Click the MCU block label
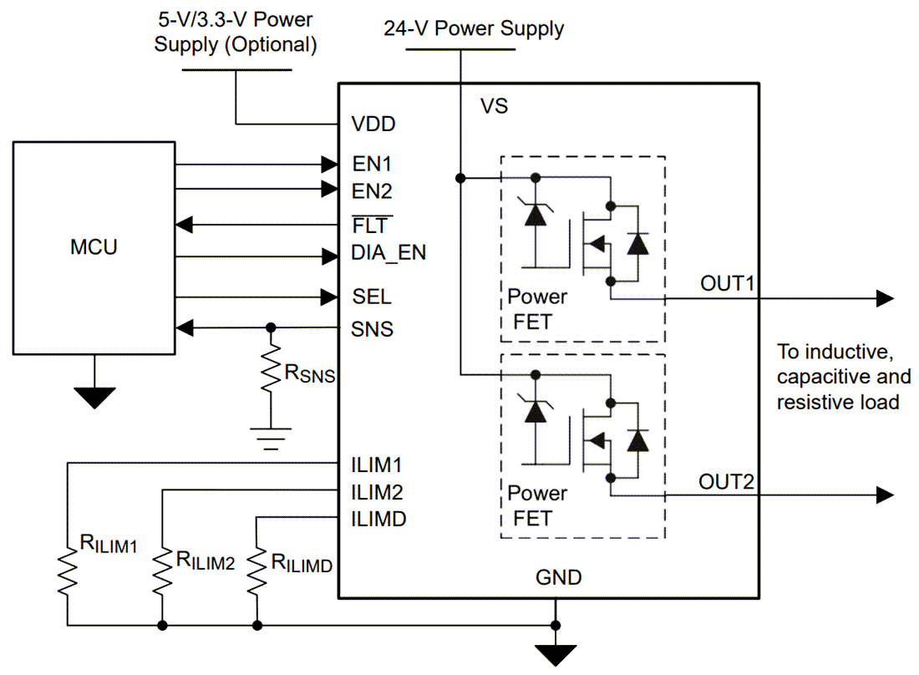coord(94,247)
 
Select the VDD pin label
coord(373,124)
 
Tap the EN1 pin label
coord(372,162)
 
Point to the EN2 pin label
coord(372,191)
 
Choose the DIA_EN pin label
coord(388,252)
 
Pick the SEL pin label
coord(371,297)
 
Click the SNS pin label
coord(372,328)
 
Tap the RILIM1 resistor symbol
coord(66,571)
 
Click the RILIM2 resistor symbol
coord(161,571)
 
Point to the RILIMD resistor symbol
coord(256,571)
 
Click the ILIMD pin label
coord(378,519)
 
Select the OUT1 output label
coord(727,283)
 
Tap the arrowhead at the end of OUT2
coord(884,495)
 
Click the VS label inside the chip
coord(494,107)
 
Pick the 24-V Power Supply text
coord(474,28)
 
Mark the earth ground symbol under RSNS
coord(271,439)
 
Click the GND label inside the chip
coord(558,577)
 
